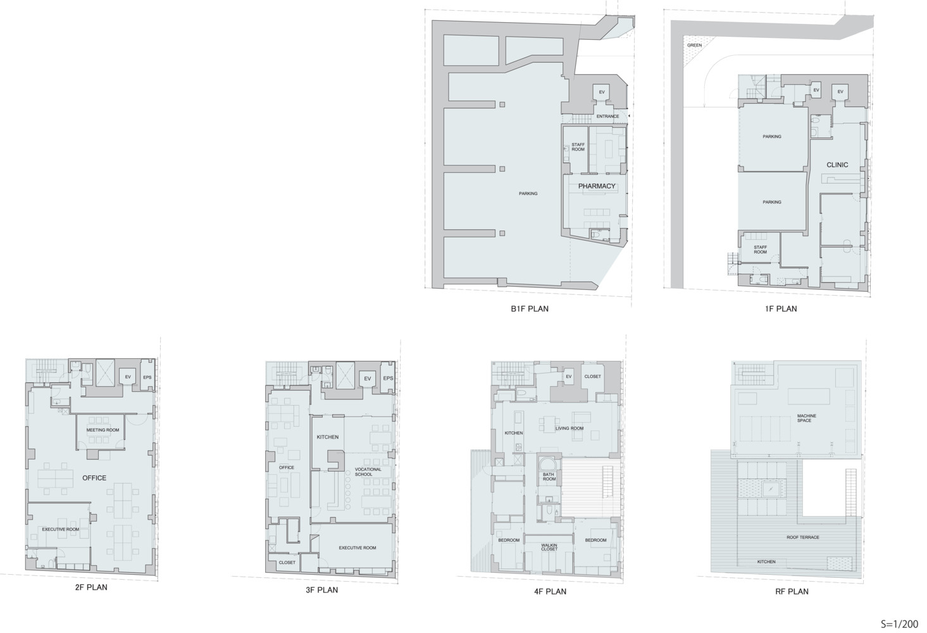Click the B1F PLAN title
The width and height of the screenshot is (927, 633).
coord(529,309)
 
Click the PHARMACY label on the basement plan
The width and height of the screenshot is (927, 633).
coord(596,186)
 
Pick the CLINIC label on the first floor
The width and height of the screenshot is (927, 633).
coord(837,165)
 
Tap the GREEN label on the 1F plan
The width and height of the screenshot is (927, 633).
coord(694,46)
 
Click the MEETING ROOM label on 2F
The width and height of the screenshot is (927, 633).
coord(103,430)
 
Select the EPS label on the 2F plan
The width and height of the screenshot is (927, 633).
coord(147,378)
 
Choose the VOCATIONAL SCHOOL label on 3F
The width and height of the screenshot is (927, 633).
coord(368,472)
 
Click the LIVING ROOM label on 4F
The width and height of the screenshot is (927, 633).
coord(569,429)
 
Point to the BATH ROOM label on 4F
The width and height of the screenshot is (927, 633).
coord(549,477)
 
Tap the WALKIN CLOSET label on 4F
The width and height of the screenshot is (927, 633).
coord(549,547)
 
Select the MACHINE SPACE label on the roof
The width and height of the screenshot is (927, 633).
coord(806,418)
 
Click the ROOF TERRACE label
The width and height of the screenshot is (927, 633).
coord(802,537)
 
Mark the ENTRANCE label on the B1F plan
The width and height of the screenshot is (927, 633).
coord(607,116)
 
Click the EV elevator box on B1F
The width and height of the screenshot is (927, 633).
coord(602,92)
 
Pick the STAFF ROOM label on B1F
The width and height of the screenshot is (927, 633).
coord(578,147)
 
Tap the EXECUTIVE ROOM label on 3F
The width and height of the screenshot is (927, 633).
coord(357,548)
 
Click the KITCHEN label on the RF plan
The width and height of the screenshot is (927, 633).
coord(766,562)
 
